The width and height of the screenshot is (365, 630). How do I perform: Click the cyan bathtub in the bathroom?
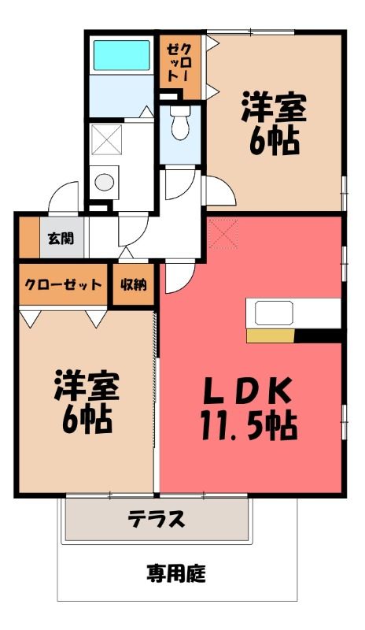121,55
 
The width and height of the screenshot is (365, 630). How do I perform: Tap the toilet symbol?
179,123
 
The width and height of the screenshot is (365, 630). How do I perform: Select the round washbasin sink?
104,182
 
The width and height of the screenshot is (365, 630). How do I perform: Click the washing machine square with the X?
106,139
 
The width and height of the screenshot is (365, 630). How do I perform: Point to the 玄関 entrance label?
61,239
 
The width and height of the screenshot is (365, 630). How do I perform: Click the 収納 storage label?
134,285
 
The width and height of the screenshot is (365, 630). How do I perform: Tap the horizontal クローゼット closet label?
63,285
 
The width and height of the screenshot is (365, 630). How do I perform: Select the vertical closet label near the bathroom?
179,64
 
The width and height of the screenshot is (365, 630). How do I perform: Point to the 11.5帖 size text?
249,425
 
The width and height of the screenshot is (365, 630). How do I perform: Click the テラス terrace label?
157,519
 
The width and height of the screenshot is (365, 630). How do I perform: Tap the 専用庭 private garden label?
176,573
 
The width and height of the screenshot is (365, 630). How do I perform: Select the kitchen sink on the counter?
274,313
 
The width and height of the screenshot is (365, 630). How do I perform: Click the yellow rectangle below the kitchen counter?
271,336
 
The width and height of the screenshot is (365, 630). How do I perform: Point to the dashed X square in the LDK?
223,233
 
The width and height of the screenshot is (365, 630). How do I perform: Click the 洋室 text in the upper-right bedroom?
274,107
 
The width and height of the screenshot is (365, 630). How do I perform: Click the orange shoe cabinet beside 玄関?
29,238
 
